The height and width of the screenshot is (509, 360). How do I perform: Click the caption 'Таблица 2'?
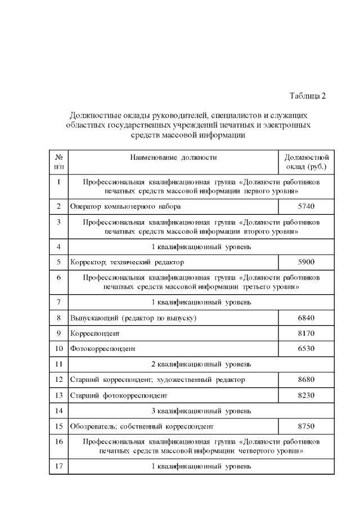308,95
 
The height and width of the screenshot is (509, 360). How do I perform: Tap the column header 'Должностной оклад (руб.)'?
306,162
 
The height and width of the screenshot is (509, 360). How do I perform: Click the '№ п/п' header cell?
58,162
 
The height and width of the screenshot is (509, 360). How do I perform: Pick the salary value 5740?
306,206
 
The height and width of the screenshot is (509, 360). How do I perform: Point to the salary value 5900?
306,262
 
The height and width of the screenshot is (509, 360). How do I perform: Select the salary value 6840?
306,318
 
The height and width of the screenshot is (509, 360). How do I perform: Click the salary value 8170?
306,333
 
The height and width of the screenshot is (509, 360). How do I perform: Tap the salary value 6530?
306,348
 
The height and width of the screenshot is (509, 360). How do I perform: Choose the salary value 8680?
306,380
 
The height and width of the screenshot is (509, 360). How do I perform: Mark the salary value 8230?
306,395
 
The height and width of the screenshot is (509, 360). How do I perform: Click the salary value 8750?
306,426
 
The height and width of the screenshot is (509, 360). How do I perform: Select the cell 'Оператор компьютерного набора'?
125,206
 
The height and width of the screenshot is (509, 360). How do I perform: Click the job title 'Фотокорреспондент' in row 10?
103,349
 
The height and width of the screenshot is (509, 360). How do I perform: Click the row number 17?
58,466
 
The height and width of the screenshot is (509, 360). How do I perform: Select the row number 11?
58,364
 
